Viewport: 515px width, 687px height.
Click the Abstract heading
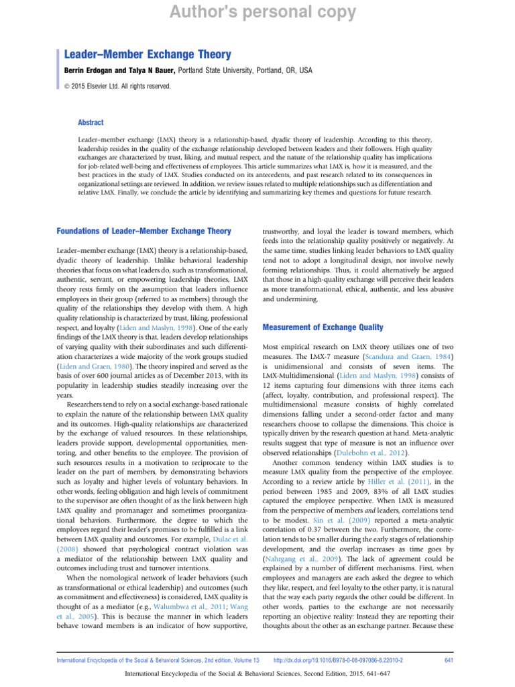pos(91,122)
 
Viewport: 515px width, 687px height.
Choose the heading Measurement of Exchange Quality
pos(323,327)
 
